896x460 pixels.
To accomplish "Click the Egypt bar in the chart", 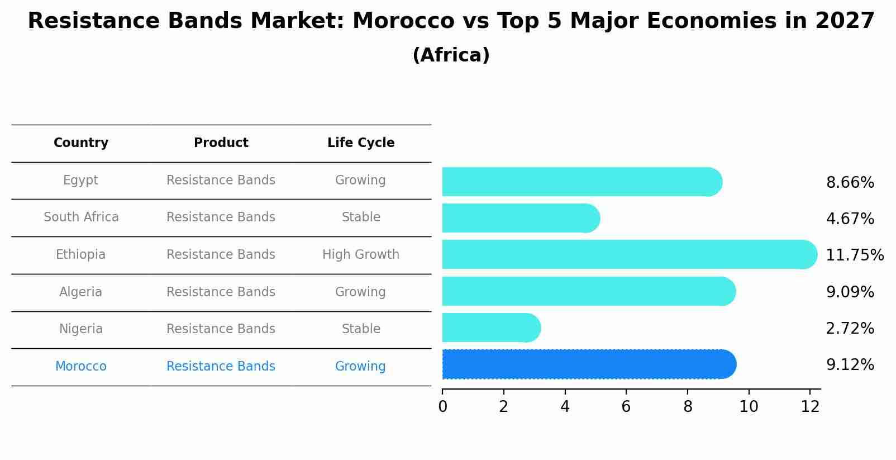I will click(x=581, y=182).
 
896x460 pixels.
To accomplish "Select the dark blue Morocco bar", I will click(x=589, y=364).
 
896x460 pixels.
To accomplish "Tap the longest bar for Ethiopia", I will click(x=629, y=254).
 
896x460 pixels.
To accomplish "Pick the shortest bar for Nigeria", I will click(x=491, y=328).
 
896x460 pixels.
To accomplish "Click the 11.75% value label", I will click(x=854, y=255).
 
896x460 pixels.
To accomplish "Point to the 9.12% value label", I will click(x=850, y=365).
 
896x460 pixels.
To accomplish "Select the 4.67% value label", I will click(x=850, y=219).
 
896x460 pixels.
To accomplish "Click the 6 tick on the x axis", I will click(x=626, y=407).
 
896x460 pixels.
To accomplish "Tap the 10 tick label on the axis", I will click(x=749, y=407).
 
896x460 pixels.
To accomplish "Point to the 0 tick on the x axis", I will click(x=442, y=407).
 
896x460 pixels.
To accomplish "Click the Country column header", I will click(x=81, y=143).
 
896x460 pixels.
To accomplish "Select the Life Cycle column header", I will click(x=361, y=143).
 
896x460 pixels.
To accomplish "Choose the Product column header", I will click(x=221, y=143).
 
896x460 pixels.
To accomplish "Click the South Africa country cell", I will click(x=81, y=217).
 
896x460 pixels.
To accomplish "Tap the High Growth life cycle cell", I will click(x=361, y=255).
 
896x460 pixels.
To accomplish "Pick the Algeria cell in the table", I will click(x=80, y=292).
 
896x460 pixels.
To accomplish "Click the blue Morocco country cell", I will click(x=80, y=367).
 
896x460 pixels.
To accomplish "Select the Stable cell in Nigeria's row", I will click(x=361, y=329).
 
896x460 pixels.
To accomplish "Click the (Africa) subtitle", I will click(x=451, y=55).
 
